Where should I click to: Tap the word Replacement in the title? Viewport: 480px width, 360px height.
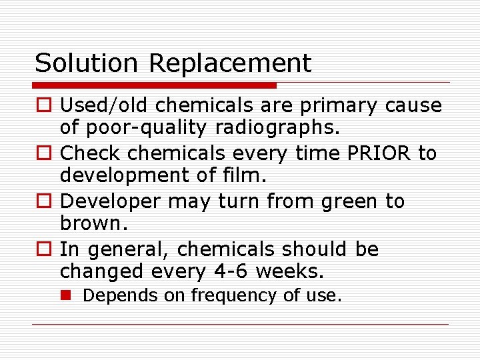click(230, 63)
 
